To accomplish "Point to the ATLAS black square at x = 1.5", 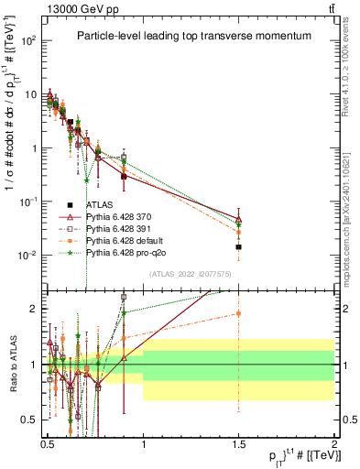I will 238,247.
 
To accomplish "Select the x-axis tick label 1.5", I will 238,440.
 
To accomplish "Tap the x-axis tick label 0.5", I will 48,440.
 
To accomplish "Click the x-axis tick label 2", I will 333,440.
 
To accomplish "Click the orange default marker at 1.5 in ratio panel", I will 238,313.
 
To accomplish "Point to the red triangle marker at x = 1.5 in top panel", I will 238,221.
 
